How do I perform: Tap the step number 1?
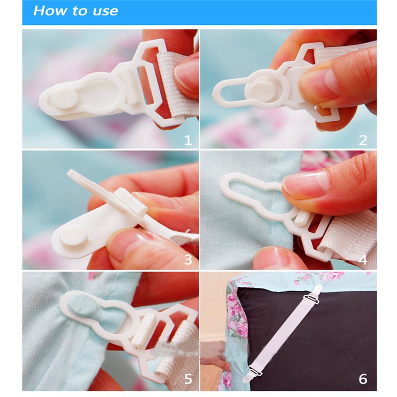pos(188,140)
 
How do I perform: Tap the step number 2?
pos(363,140)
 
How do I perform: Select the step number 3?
pos(188,260)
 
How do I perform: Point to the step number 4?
pos(363,260)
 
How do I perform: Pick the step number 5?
pos(188,379)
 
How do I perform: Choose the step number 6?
pos(363,379)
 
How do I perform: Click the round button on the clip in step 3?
pos(73,238)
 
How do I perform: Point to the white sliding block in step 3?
pos(131,202)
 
